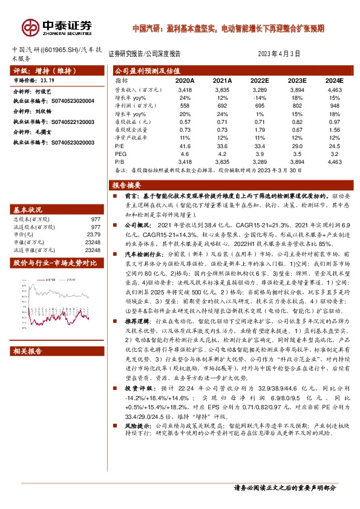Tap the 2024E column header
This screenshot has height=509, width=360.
coord(333,80)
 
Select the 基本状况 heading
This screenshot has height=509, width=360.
coord(29,209)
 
